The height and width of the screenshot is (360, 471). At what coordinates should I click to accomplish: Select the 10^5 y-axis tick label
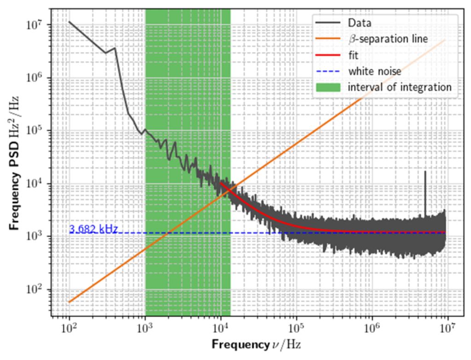coord(37,131)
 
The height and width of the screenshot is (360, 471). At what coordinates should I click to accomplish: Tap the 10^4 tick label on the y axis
coord(37,184)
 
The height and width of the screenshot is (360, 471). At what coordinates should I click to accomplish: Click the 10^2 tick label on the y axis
coord(37,290)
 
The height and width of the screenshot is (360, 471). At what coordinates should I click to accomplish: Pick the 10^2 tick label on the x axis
coord(69,328)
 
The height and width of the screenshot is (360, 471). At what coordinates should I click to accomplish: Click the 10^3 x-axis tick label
coord(145,328)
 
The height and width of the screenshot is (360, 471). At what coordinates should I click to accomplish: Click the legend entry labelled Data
coord(359,23)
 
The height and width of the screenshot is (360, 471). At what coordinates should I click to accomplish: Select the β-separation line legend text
coord(387,39)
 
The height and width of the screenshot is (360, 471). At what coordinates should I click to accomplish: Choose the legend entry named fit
coord(353,55)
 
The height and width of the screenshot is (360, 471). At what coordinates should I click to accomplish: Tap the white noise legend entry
coord(374,71)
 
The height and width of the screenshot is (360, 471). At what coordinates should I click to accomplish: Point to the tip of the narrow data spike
coord(425,172)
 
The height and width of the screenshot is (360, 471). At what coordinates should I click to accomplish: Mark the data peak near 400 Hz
coord(115,48)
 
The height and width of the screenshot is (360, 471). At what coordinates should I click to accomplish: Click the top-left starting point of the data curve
coord(69,22)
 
